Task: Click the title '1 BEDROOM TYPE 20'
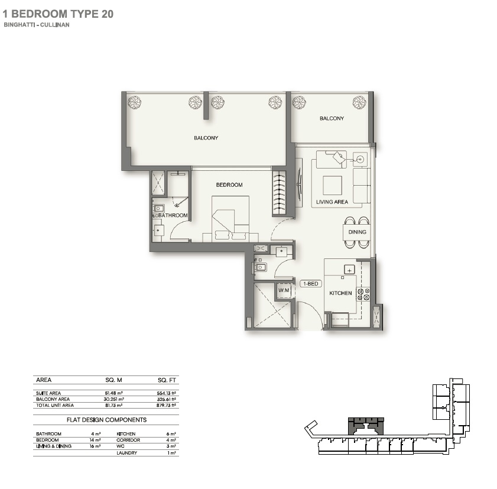coord(59,13)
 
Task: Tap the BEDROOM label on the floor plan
coord(229,185)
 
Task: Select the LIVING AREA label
coord(331,202)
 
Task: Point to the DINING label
coord(357,232)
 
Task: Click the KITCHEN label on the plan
coord(340,293)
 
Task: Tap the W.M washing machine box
coord(284,290)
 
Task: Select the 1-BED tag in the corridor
coord(310,284)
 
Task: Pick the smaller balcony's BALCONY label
coord(332,119)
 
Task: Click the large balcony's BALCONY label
coord(206,138)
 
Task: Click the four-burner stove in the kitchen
coord(363,294)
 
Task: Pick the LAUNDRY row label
coord(127,453)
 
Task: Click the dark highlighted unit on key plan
coord(365,425)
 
